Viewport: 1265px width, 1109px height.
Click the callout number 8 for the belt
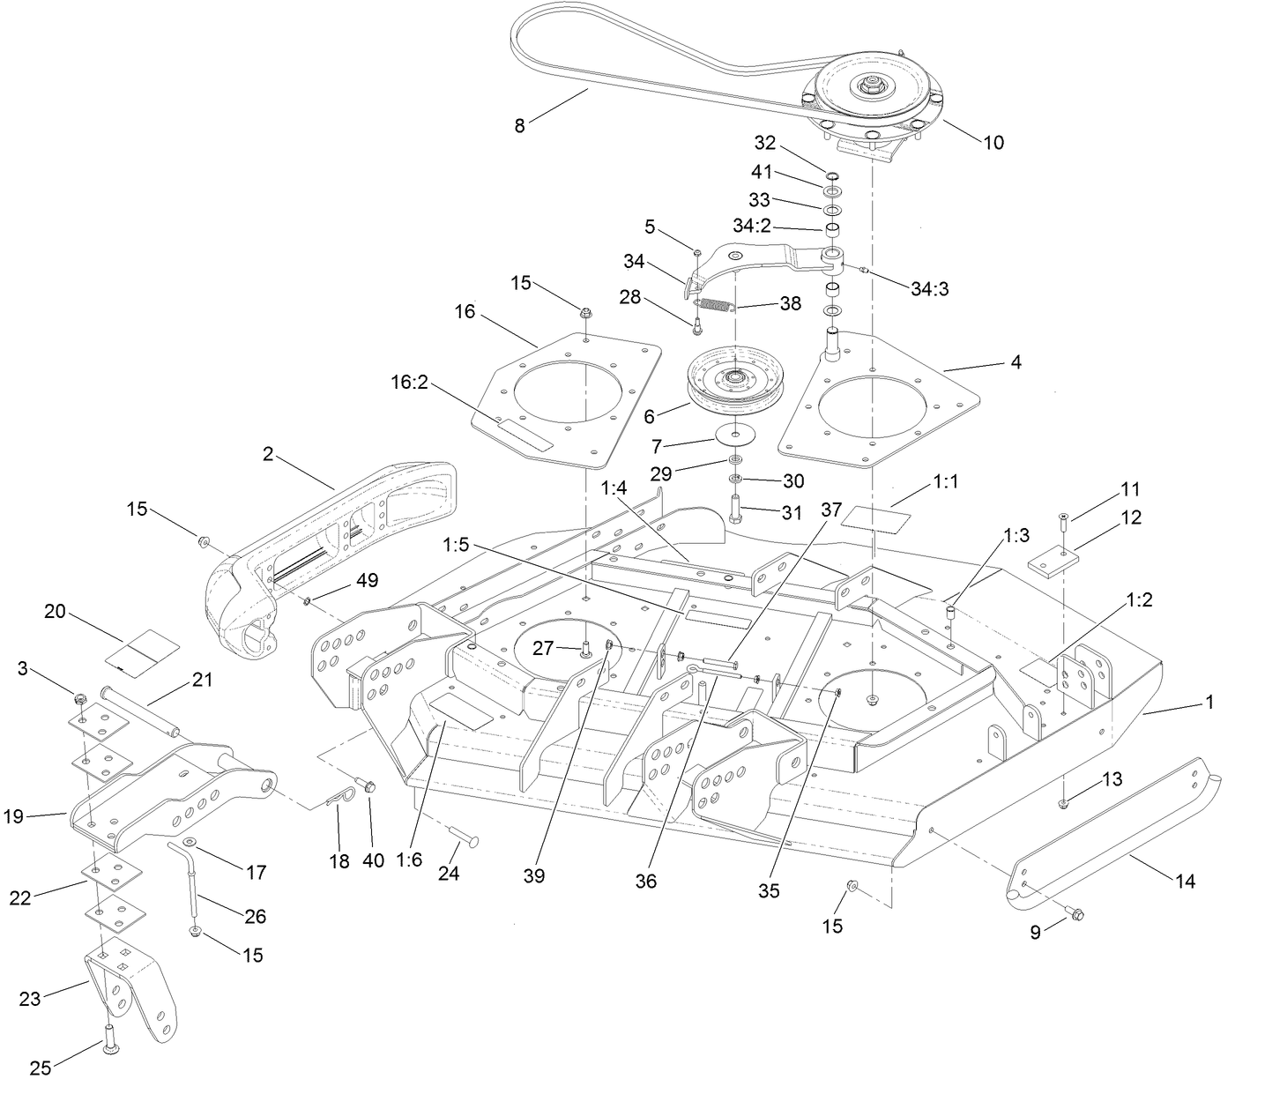[519, 126]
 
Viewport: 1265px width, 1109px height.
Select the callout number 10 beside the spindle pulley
[993, 142]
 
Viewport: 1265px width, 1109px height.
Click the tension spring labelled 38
[715, 306]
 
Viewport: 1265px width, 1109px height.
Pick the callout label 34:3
[929, 288]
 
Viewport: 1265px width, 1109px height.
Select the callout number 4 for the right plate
[1016, 361]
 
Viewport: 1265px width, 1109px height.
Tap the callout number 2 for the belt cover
[268, 454]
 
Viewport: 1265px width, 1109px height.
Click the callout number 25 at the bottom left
[40, 1068]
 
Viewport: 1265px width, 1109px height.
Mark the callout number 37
[831, 510]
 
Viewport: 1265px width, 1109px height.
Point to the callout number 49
[367, 580]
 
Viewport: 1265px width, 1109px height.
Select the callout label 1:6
[409, 860]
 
